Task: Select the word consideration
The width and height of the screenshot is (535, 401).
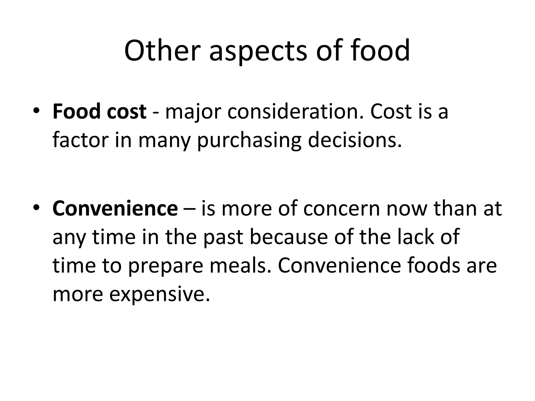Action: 295,112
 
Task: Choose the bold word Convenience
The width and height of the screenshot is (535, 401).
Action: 115,209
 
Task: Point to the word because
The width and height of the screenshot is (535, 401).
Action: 289,237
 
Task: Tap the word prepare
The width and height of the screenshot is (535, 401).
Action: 166,267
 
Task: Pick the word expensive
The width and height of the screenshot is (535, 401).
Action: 159,295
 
